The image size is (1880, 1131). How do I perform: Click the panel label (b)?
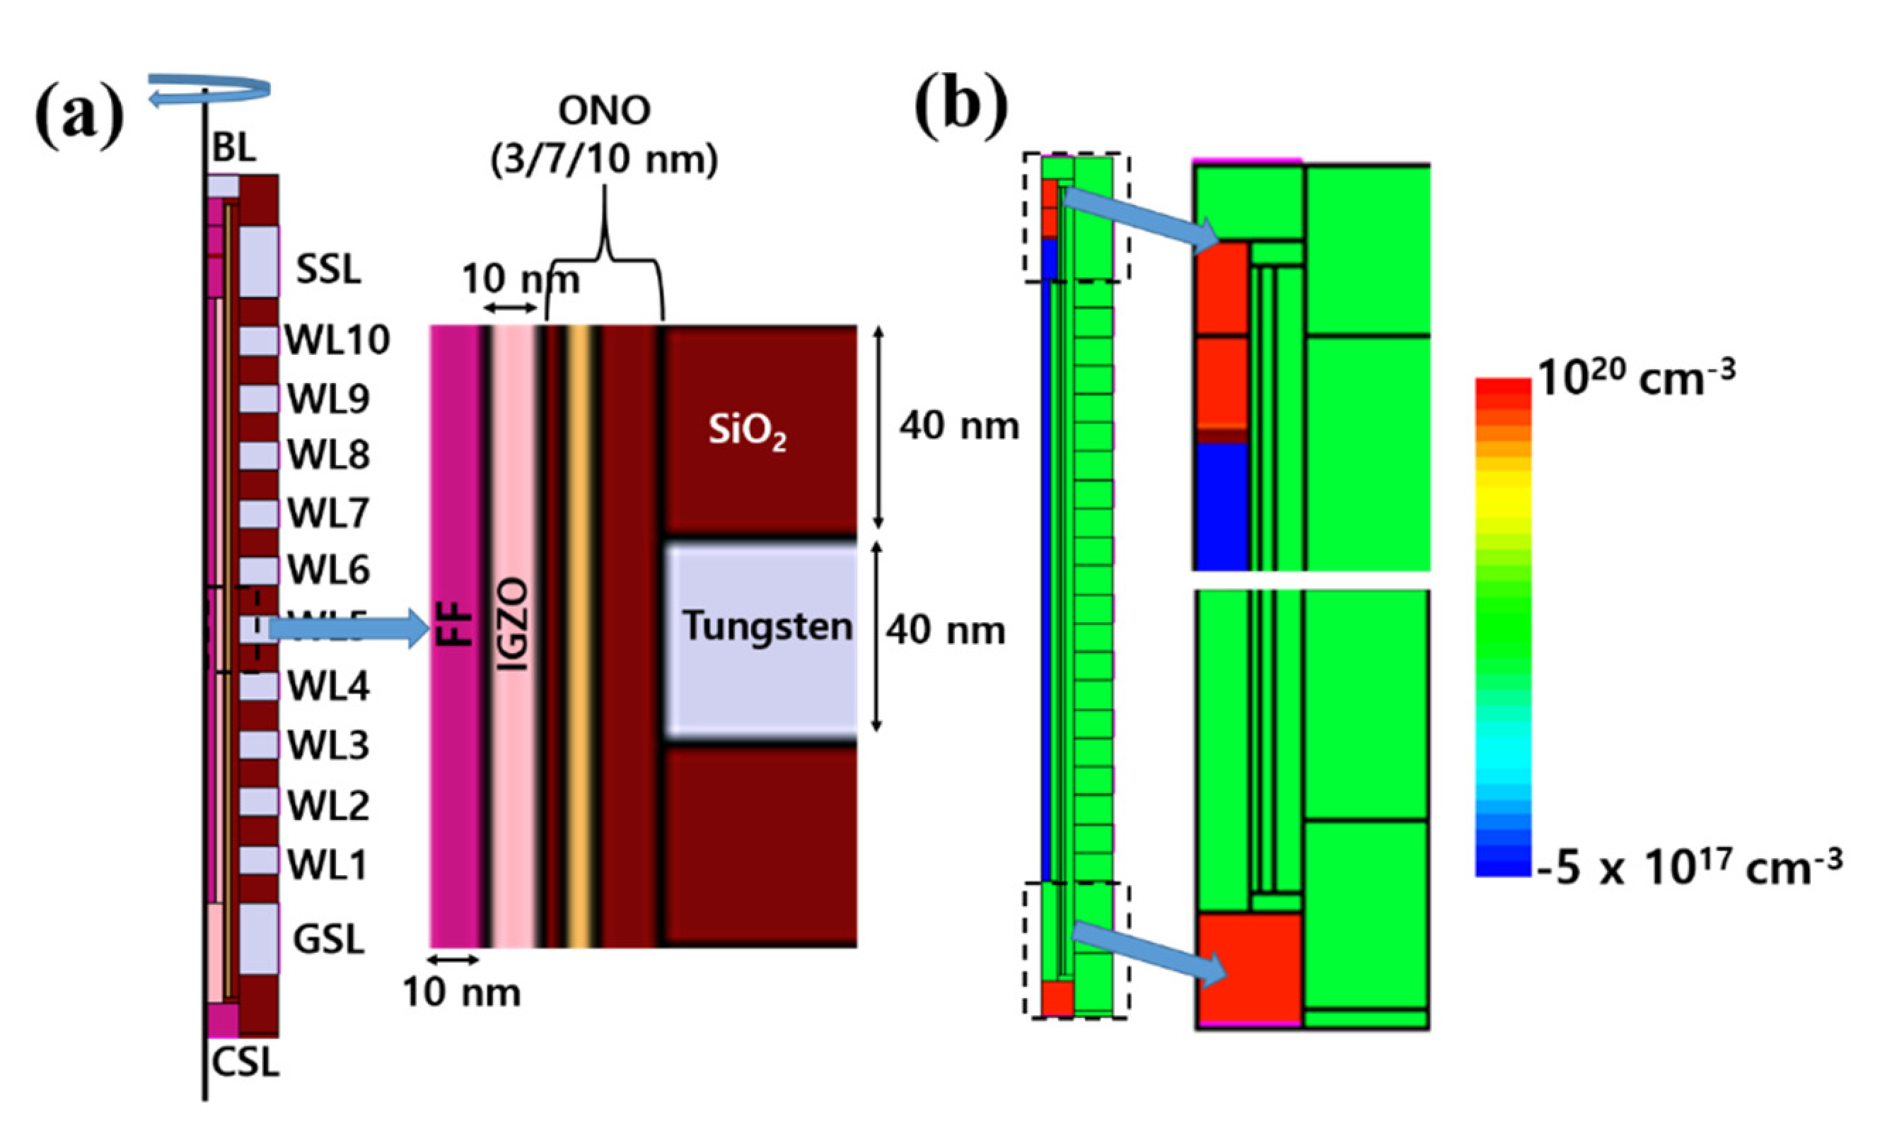(x=961, y=108)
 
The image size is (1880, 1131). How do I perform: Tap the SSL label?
(x=327, y=269)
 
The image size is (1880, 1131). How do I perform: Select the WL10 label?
(x=337, y=339)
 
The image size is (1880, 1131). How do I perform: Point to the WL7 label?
(x=327, y=513)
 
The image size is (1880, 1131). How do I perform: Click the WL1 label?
(x=327, y=865)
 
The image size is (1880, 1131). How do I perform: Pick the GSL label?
(x=327, y=939)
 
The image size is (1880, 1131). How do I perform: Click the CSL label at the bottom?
(x=245, y=1062)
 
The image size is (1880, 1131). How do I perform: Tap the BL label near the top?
(x=233, y=147)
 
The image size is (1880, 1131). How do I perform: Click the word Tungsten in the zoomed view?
(x=766, y=626)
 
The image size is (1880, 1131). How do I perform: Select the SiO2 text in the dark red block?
(x=746, y=431)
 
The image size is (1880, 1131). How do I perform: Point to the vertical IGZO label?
(x=515, y=625)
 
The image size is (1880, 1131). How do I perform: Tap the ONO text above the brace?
(x=604, y=110)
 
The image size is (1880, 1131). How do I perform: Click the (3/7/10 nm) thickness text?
(x=604, y=160)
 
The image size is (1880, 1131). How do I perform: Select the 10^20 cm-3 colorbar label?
(x=1635, y=377)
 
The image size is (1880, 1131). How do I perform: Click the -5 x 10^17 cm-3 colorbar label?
(x=1688, y=867)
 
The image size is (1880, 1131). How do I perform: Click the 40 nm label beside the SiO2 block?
(x=958, y=426)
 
